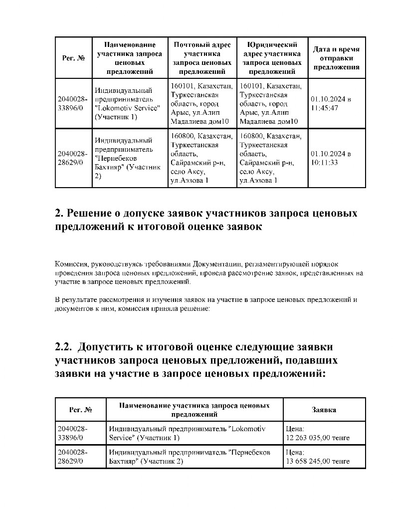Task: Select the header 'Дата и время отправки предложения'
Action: tap(336, 58)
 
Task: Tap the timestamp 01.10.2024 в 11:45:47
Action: tap(331, 103)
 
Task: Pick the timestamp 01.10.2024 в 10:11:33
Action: tap(331, 158)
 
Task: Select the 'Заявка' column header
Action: tap(324, 410)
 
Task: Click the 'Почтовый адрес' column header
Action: tap(202, 58)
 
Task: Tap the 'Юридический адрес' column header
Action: tap(272, 58)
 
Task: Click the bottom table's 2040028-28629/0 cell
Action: tap(73, 457)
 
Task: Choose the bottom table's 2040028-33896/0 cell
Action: tap(73, 433)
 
